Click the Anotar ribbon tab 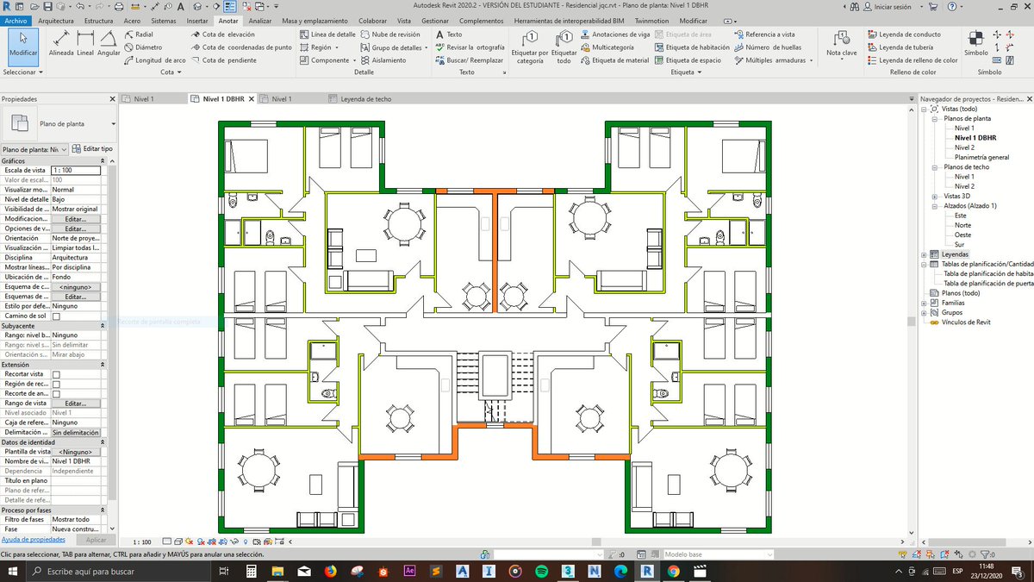[x=228, y=20]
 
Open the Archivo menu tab [x=17, y=20]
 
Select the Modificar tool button [x=23, y=45]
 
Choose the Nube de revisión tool [x=396, y=34]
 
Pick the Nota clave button [x=841, y=45]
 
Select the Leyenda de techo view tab [x=365, y=99]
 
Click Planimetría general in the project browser [x=981, y=157]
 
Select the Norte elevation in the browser [x=962, y=225]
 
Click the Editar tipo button [x=92, y=149]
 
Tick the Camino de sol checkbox [x=56, y=316]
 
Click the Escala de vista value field [x=75, y=171]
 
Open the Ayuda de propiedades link [x=34, y=539]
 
